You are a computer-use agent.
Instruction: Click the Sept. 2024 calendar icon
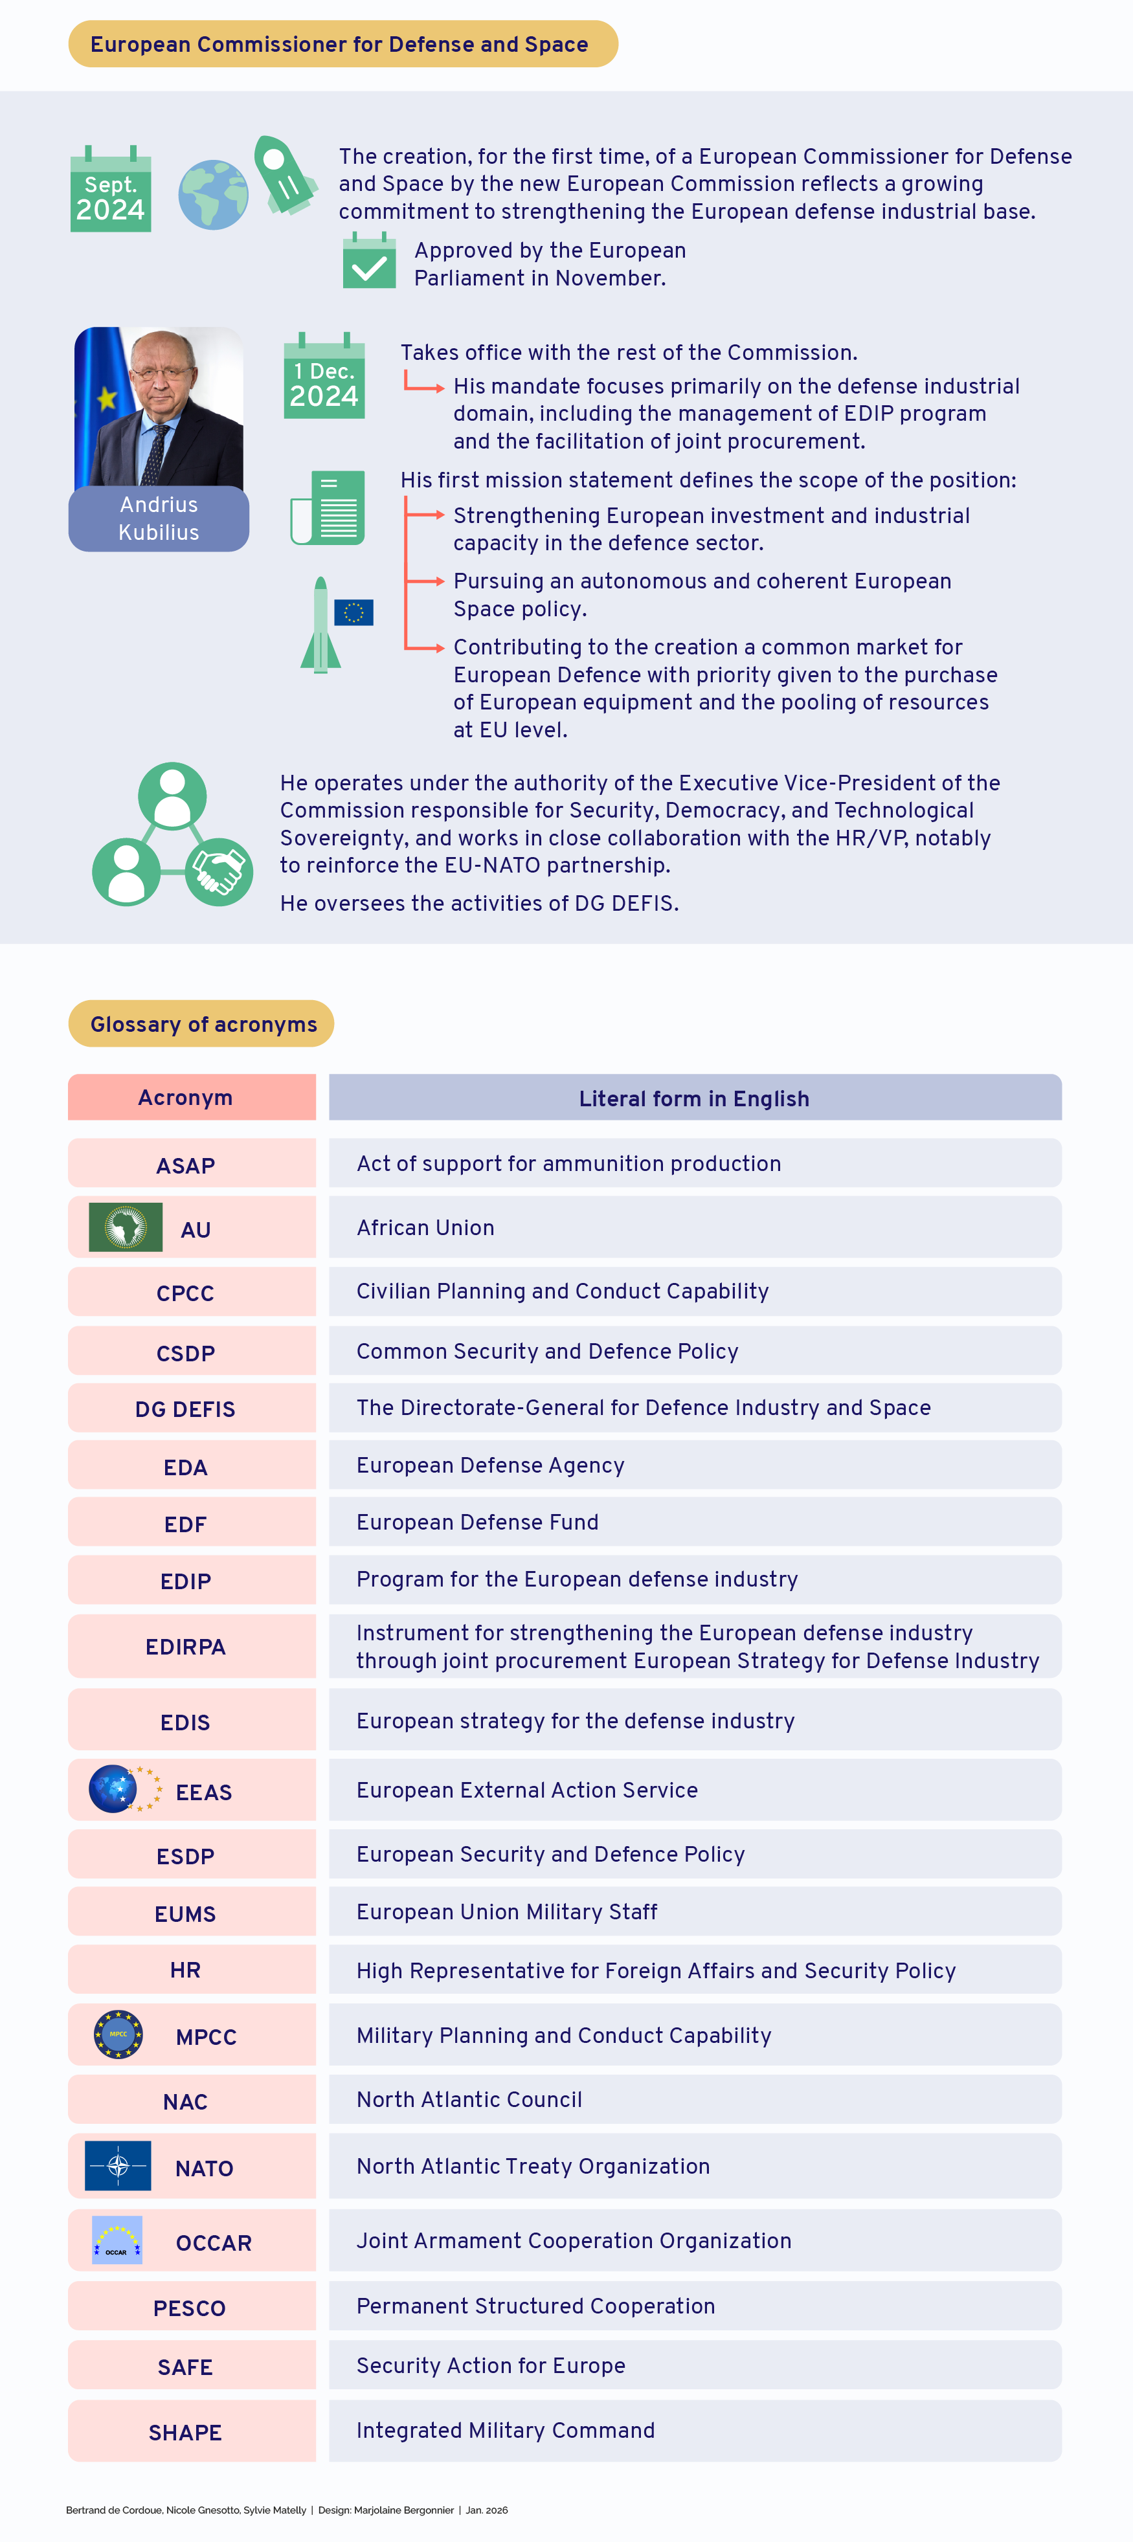tap(111, 190)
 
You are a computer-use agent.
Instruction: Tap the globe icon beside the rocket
tap(213, 194)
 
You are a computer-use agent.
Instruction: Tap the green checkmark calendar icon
tap(369, 262)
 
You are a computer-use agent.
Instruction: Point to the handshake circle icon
tap(219, 871)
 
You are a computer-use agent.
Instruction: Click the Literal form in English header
tap(695, 1098)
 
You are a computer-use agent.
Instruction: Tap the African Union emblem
tap(126, 1227)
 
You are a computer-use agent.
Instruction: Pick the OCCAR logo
tap(117, 2241)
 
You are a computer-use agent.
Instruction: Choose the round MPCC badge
tap(118, 2035)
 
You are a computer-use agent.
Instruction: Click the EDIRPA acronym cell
tap(186, 1647)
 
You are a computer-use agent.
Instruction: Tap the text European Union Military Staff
tap(506, 1912)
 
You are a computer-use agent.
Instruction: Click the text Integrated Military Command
tap(505, 2431)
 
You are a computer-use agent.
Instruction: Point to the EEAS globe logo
tap(113, 1790)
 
